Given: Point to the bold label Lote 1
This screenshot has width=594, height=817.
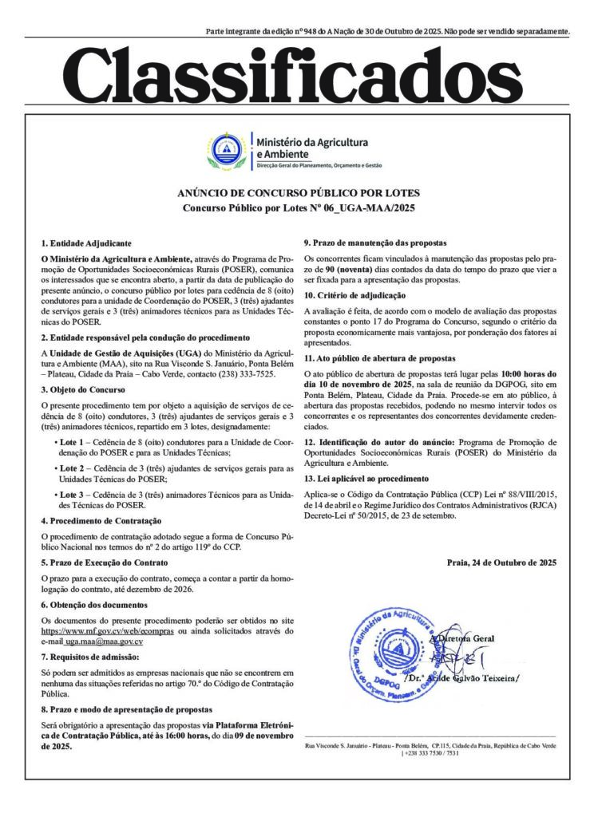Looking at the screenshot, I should [69, 440].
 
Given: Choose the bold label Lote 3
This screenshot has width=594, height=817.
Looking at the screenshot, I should [69, 495].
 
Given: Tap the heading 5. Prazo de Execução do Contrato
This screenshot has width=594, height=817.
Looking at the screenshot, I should [105, 562].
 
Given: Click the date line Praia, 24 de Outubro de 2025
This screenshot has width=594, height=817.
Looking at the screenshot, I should [502, 563].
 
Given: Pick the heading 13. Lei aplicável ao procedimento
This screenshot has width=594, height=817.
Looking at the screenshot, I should [366, 479].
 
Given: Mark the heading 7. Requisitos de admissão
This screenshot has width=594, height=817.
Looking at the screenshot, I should [90, 657].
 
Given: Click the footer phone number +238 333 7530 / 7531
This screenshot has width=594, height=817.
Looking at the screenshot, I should [431, 753].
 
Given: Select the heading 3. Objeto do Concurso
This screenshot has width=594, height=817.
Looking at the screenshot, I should [83, 390].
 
